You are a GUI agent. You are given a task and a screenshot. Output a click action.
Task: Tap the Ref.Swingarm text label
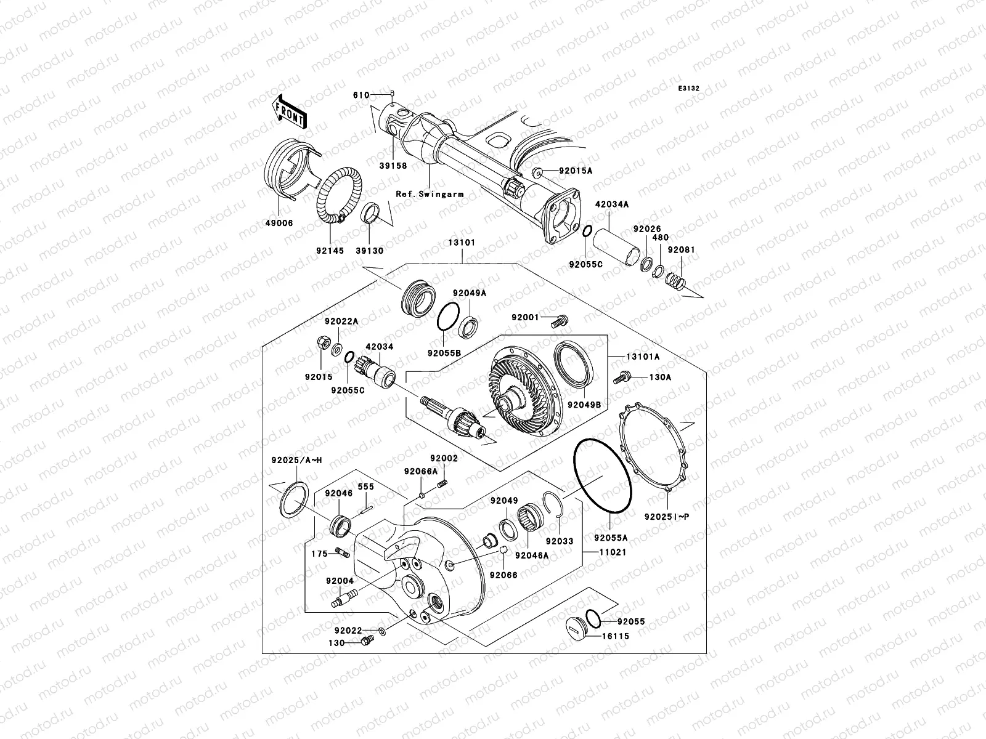(430, 194)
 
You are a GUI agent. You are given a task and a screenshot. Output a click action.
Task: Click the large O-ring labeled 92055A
(603, 475)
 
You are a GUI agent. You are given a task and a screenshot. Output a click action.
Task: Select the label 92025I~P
(666, 517)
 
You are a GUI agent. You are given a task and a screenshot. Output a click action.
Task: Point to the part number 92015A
(576, 170)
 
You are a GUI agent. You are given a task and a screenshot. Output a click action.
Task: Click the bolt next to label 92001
(561, 319)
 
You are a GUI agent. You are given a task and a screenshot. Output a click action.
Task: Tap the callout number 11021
(613, 552)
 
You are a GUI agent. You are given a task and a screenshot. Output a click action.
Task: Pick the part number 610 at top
(361, 95)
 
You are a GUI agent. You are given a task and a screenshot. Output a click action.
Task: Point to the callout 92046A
(531, 555)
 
